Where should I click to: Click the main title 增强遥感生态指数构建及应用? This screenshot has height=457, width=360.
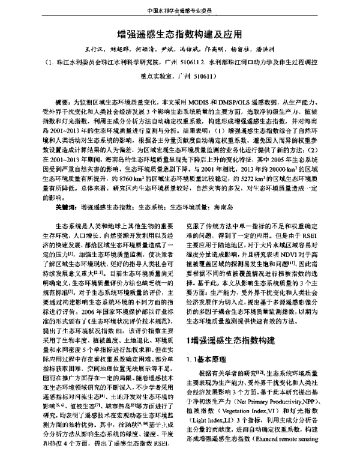click(180, 35)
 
